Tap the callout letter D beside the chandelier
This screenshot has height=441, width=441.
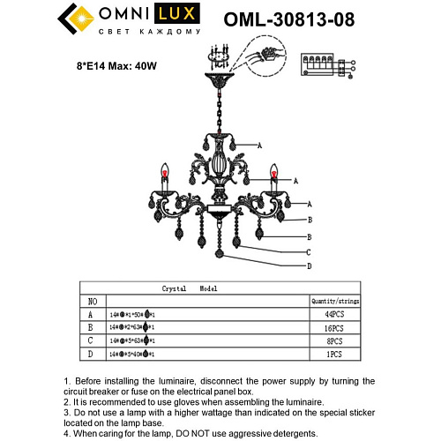point(308,265)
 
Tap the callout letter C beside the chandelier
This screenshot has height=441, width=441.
point(308,252)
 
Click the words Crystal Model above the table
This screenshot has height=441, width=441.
point(189,288)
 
